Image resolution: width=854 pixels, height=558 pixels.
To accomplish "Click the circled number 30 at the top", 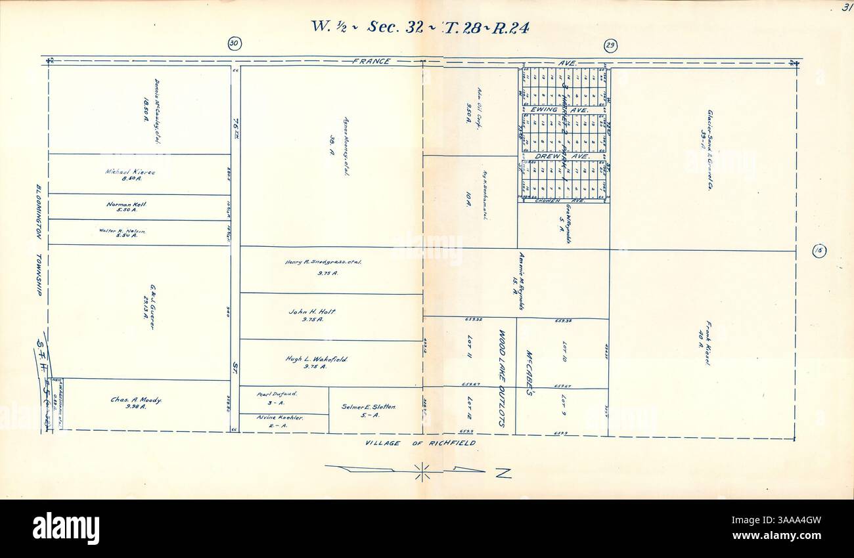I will [235, 44].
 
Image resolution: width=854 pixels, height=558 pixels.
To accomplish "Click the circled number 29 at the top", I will [610, 45].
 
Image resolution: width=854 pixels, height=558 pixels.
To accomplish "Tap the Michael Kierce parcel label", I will [130, 172].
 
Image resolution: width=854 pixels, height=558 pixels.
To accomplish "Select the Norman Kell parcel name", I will [126, 205].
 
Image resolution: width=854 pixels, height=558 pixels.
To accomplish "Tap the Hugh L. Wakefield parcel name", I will [317, 360].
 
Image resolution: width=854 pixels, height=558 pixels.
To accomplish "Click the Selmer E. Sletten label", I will [369, 407].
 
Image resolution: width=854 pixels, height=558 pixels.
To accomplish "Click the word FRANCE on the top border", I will [372, 62].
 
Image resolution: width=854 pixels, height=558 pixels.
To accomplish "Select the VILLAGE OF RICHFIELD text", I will [420, 444].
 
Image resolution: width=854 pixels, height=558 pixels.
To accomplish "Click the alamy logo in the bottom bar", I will [66, 528].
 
